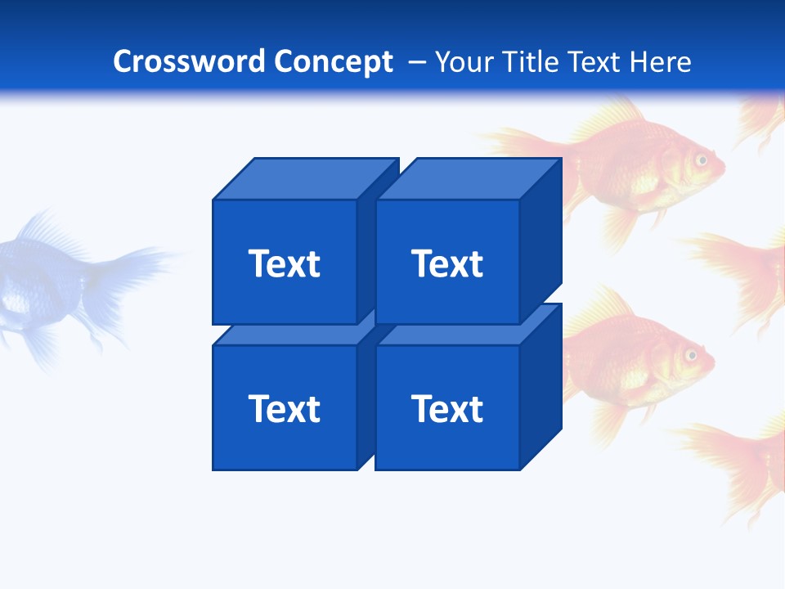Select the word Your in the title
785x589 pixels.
[x=464, y=61]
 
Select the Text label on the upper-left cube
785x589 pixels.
[x=284, y=263]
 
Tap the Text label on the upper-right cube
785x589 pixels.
[x=446, y=263]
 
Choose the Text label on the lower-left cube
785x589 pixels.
[x=284, y=408]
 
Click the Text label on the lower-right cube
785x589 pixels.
[x=446, y=408]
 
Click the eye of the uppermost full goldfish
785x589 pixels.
[x=701, y=160]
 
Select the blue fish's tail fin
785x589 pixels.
[x=131, y=270]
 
